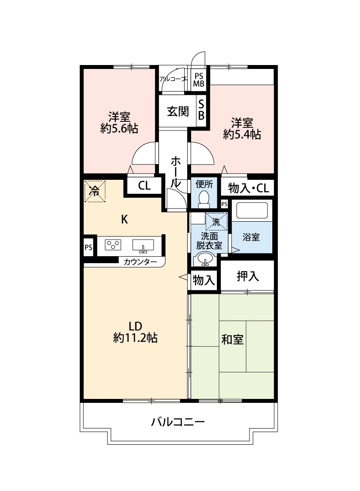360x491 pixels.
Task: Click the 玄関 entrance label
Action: [x=178, y=111]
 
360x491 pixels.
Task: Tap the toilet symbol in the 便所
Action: [x=204, y=199]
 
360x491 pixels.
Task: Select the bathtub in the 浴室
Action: [x=252, y=210]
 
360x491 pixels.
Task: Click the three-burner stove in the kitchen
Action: [x=113, y=245]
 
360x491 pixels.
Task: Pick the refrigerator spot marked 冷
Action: [x=95, y=191]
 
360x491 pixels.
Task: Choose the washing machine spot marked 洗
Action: [x=216, y=222]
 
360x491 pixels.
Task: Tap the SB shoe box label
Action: [x=201, y=110]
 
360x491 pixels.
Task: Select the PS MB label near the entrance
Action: [x=199, y=80]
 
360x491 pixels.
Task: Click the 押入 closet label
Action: [x=247, y=276]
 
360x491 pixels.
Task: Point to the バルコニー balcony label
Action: [x=178, y=422]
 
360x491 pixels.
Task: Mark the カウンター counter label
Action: [x=140, y=262]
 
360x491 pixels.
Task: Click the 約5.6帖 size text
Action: [x=119, y=128]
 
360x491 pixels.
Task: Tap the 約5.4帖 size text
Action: [x=242, y=134]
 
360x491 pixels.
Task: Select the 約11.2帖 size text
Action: [x=135, y=337]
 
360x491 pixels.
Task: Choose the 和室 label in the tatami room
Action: [x=232, y=340]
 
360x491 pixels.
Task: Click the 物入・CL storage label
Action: [x=249, y=188]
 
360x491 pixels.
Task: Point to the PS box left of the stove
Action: [x=88, y=247]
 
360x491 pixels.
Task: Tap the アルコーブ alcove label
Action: [x=173, y=79]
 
